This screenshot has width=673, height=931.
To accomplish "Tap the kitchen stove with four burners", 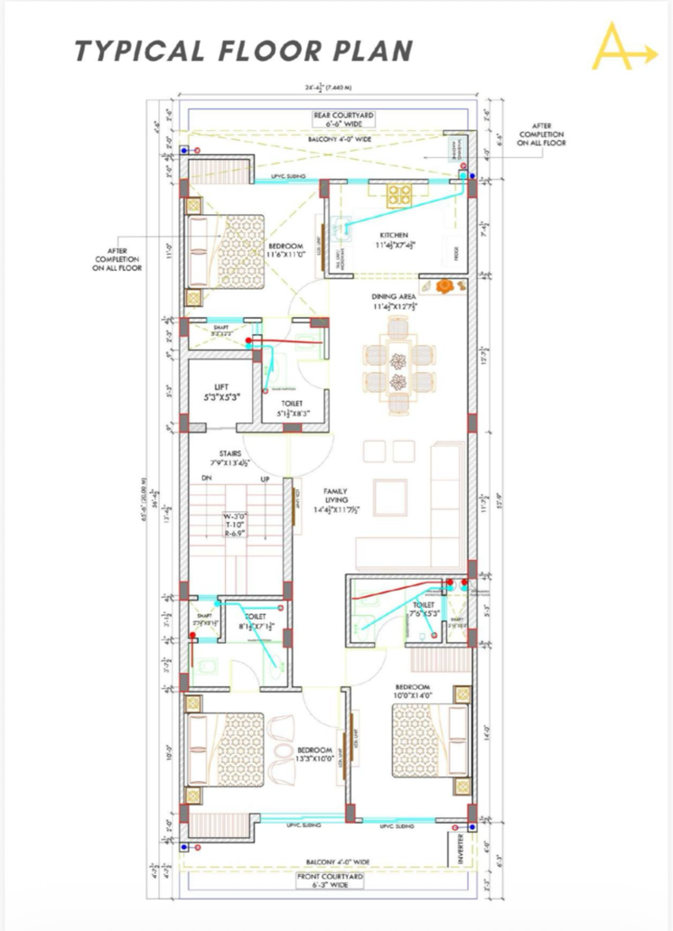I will [400, 193].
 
